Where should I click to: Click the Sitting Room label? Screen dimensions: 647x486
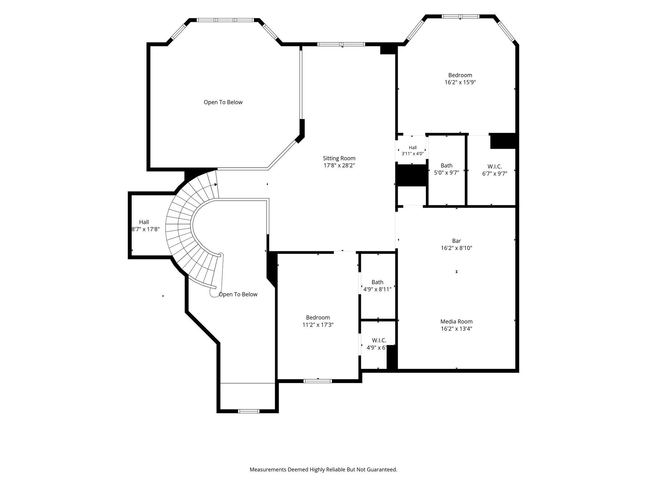pyautogui.click(x=339, y=158)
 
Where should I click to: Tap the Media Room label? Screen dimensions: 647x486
pyautogui.click(x=457, y=321)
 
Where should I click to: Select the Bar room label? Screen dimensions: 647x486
pyautogui.click(x=457, y=241)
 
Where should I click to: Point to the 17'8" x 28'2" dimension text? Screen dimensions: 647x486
pyautogui.click(x=339, y=165)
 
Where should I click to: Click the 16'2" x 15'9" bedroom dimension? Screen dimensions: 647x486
pyautogui.click(x=460, y=82)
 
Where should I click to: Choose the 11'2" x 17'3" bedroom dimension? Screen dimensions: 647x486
pyautogui.click(x=318, y=325)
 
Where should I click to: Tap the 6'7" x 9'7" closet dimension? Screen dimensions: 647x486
pyautogui.click(x=494, y=173)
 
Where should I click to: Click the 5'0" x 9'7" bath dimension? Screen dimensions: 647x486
pyautogui.click(x=446, y=172)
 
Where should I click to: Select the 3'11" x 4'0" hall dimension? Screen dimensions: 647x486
pyautogui.click(x=413, y=154)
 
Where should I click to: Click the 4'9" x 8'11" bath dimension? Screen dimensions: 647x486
pyautogui.click(x=377, y=289)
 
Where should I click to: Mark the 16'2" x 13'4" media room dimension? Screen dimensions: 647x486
pyautogui.click(x=457, y=329)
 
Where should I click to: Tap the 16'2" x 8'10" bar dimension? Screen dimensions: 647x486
pyautogui.click(x=457, y=248)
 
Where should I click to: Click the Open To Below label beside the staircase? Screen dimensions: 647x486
pyautogui.click(x=238, y=295)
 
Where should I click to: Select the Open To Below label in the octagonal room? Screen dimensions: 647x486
pyautogui.click(x=223, y=103)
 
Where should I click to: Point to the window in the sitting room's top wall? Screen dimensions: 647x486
pyautogui.click(x=341, y=44)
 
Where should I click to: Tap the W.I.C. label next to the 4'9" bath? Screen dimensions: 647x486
pyautogui.click(x=379, y=340)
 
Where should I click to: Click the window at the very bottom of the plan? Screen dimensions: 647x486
pyautogui.click(x=249, y=411)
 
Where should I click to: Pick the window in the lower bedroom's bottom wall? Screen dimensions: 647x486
pyautogui.click(x=318, y=381)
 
